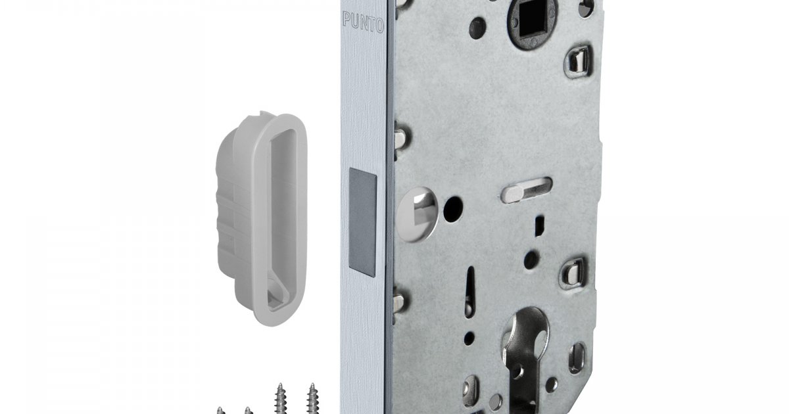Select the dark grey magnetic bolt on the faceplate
[362, 222]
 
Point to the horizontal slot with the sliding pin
[526, 190]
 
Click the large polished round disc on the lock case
[418, 215]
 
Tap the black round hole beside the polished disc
[453, 209]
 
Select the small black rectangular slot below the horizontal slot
[540, 226]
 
